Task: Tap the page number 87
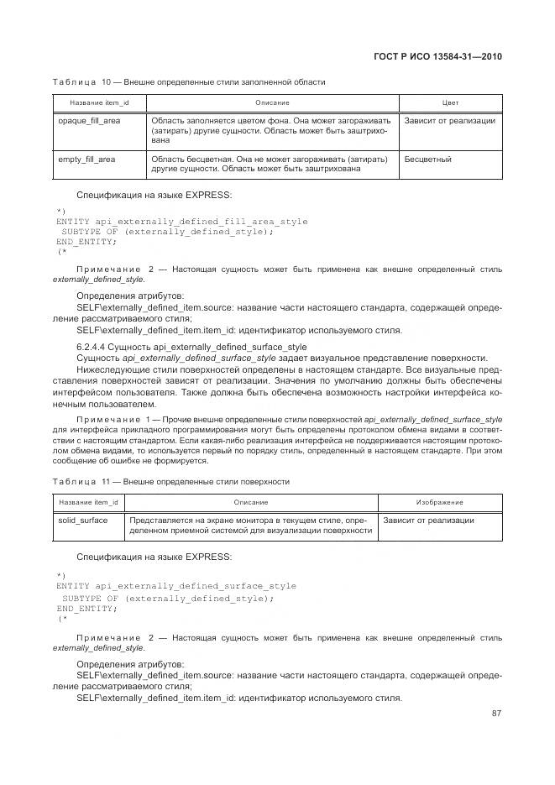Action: pyautogui.click(x=496, y=714)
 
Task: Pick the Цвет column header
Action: pyautogui.click(x=450, y=102)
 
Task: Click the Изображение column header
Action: pyautogui.click(x=440, y=502)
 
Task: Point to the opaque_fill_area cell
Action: pyautogui.click(x=89, y=121)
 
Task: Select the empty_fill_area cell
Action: pyautogui.click(x=86, y=159)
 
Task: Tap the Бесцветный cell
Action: pyautogui.click(x=428, y=159)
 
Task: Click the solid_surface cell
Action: pyautogui.click(x=82, y=521)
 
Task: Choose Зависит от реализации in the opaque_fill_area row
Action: pyautogui.click(x=449, y=121)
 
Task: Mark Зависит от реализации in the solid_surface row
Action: pyautogui.click(x=428, y=521)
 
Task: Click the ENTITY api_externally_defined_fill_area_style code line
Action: pyautogui.click(x=181, y=222)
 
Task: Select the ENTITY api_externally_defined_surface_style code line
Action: pyautogui.click(x=176, y=586)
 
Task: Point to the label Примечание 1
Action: pyautogui.click(x=116, y=418)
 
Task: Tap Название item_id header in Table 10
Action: pyautogui.click(x=93, y=102)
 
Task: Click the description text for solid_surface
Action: pyautogui.click(x=250, y=526)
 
